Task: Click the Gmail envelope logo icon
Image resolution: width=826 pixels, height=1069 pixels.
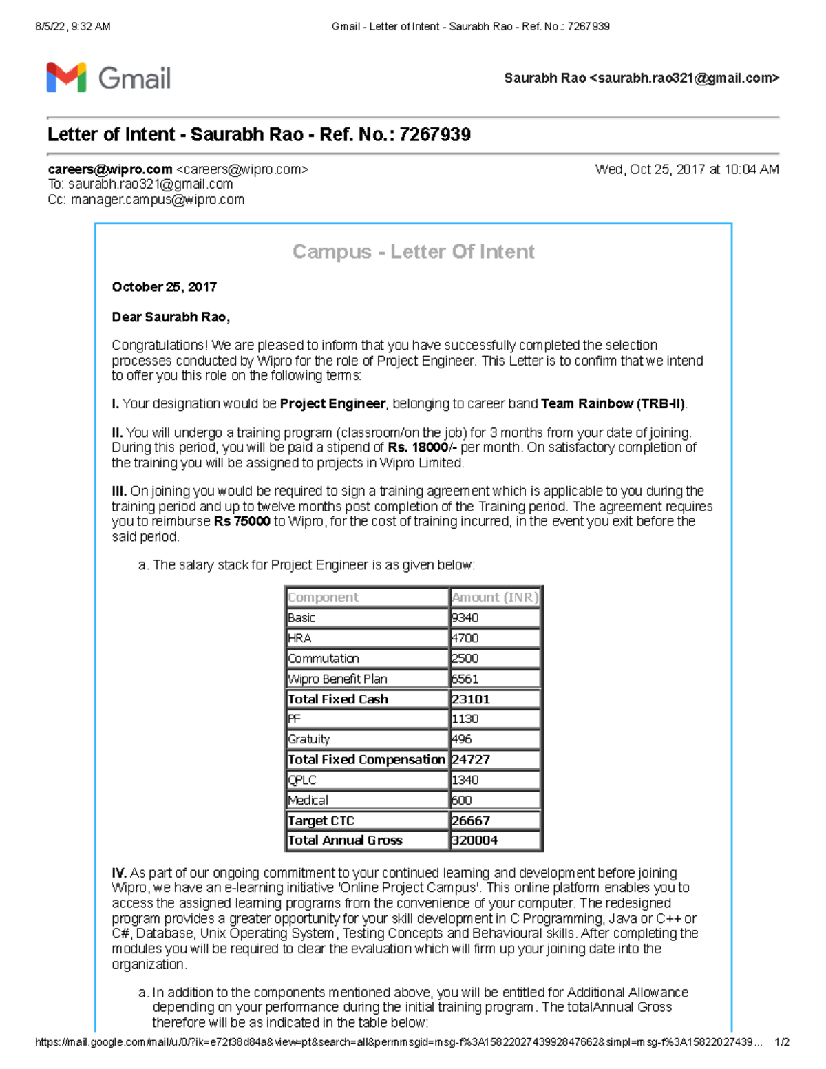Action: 66,77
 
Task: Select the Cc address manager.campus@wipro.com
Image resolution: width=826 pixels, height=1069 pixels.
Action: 157,200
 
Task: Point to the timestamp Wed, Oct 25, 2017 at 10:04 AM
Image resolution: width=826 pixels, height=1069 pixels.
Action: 686,169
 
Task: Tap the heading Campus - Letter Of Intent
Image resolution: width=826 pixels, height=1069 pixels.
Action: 413,252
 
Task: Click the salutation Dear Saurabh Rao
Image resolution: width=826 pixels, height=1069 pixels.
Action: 171,317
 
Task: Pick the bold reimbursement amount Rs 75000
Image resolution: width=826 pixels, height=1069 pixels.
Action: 242,522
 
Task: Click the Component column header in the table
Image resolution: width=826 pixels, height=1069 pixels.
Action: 323,597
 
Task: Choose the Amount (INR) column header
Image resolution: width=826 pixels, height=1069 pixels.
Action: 494,597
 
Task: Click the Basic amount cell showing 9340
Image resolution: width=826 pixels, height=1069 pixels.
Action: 465,618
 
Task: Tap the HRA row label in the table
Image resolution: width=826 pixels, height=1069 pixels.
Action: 299,638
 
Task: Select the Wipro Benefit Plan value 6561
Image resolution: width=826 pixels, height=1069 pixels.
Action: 465,679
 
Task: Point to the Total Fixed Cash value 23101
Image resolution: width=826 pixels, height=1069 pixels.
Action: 471,699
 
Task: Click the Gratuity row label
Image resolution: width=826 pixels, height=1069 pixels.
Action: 308,739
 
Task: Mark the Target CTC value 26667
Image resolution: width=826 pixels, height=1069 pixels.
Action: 471,821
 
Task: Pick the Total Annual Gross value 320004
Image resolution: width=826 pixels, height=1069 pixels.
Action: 474,840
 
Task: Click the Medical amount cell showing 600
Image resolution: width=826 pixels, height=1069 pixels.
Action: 462,801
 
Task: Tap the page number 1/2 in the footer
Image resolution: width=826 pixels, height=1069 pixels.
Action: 782,1042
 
